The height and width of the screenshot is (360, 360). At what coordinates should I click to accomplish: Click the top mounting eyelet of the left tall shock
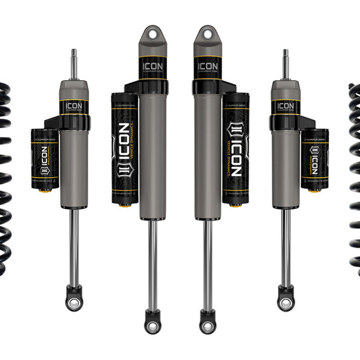[152, 35]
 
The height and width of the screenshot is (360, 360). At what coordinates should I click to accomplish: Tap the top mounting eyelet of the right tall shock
[208, 35]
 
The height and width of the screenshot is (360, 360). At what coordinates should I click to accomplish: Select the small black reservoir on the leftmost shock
[44, 159]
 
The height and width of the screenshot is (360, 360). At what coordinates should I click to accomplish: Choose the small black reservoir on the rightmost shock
[315, 159]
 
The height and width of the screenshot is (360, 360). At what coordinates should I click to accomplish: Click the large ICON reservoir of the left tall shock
[124, 149]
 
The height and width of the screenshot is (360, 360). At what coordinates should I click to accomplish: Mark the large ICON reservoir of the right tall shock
[235, 149]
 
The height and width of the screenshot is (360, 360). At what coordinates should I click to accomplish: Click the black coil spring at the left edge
[5, 174]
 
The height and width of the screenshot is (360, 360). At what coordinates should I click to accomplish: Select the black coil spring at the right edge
[355, 174]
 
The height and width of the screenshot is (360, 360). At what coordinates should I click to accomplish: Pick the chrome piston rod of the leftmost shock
[74, 244]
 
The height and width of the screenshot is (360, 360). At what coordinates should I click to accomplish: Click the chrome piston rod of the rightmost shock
[285, 244]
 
